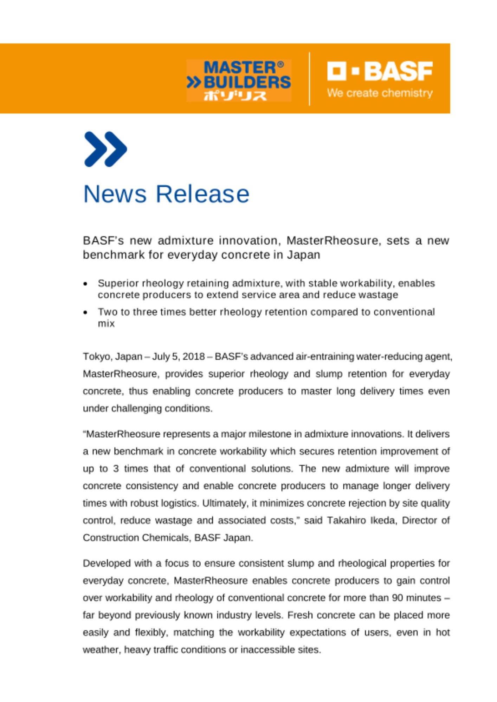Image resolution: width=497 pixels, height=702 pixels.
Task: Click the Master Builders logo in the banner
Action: point(239,80)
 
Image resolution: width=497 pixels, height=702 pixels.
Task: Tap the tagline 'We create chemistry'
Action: point(380,93)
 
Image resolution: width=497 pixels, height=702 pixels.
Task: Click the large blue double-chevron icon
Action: point(105,149)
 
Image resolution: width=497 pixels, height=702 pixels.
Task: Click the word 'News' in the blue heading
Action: point(115,194)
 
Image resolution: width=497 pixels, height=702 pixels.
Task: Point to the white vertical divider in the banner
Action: point(309,79)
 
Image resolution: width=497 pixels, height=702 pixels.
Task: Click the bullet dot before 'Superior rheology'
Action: point(85,284)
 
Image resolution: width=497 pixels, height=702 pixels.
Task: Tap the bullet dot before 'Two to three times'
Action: point(85,312)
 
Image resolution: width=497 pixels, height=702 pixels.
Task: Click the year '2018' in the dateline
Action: point(194,357)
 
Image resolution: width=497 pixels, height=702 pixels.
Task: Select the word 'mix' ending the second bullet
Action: point(106,324)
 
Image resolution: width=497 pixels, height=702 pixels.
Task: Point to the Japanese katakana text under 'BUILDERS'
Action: point(235,95)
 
